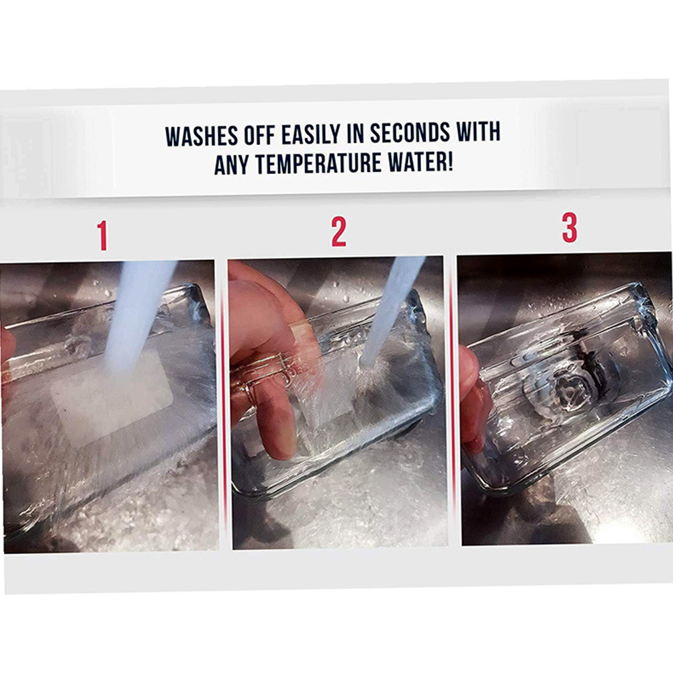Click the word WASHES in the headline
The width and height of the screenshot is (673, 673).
201,136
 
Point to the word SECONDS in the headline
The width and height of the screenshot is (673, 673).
410,132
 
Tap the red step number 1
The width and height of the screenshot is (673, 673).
102,236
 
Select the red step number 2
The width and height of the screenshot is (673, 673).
339,232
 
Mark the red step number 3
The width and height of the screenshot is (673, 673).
570,228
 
